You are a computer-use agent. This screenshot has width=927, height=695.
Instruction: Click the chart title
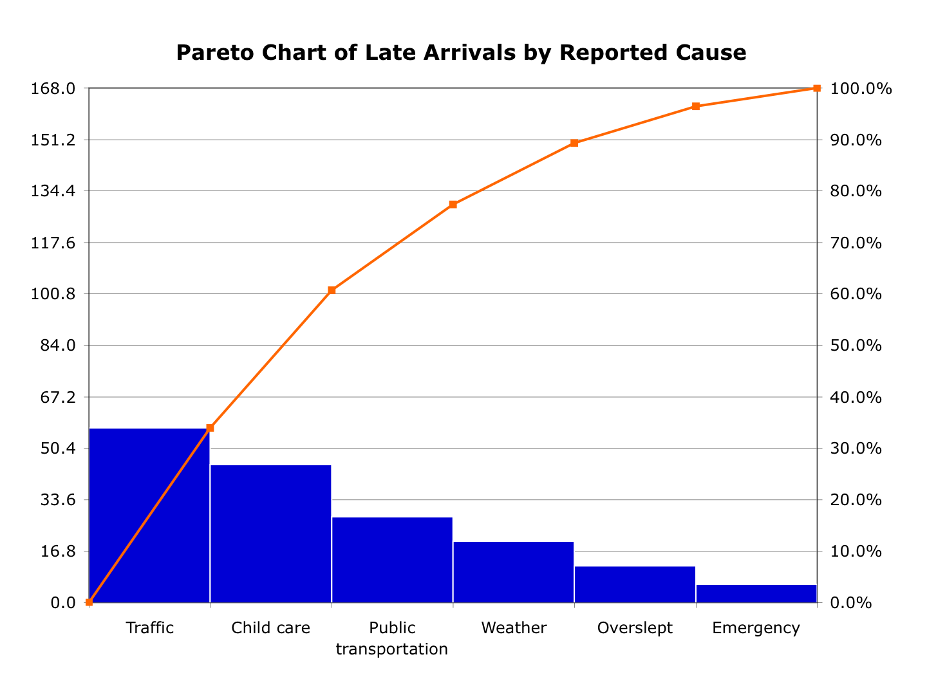(461, 53)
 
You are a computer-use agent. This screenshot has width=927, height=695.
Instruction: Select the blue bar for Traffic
(149, 515)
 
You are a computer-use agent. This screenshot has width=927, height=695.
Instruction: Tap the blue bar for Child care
(270, 533)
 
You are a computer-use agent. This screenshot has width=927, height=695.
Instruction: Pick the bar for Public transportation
(392, 559)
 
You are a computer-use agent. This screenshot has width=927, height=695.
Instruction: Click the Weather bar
(513, 571)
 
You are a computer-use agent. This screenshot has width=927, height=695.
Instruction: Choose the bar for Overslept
(635, 584)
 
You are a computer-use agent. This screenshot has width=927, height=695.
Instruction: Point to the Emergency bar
(756, 593)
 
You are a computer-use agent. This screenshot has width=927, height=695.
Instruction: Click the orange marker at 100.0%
(817, 88)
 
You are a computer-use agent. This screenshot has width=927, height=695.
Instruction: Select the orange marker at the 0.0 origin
(89, 602)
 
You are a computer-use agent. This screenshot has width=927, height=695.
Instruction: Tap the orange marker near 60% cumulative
(332, 290)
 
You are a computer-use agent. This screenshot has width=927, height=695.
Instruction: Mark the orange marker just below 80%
(453, 205)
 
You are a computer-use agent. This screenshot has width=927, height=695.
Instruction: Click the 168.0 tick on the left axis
(53, 89)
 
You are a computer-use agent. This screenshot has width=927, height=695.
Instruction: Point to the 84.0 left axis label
(58, 346)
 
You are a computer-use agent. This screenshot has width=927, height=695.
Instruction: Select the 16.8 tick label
(58, 551)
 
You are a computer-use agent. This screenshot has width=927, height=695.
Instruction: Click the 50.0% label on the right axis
(856, 346)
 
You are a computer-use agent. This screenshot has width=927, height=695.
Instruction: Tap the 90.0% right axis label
(856, 140)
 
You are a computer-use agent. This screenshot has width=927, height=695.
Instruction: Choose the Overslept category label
(635, 628)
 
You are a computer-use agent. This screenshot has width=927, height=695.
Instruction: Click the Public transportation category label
(392, 638)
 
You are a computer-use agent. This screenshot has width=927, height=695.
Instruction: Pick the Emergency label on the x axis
(756, 628)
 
